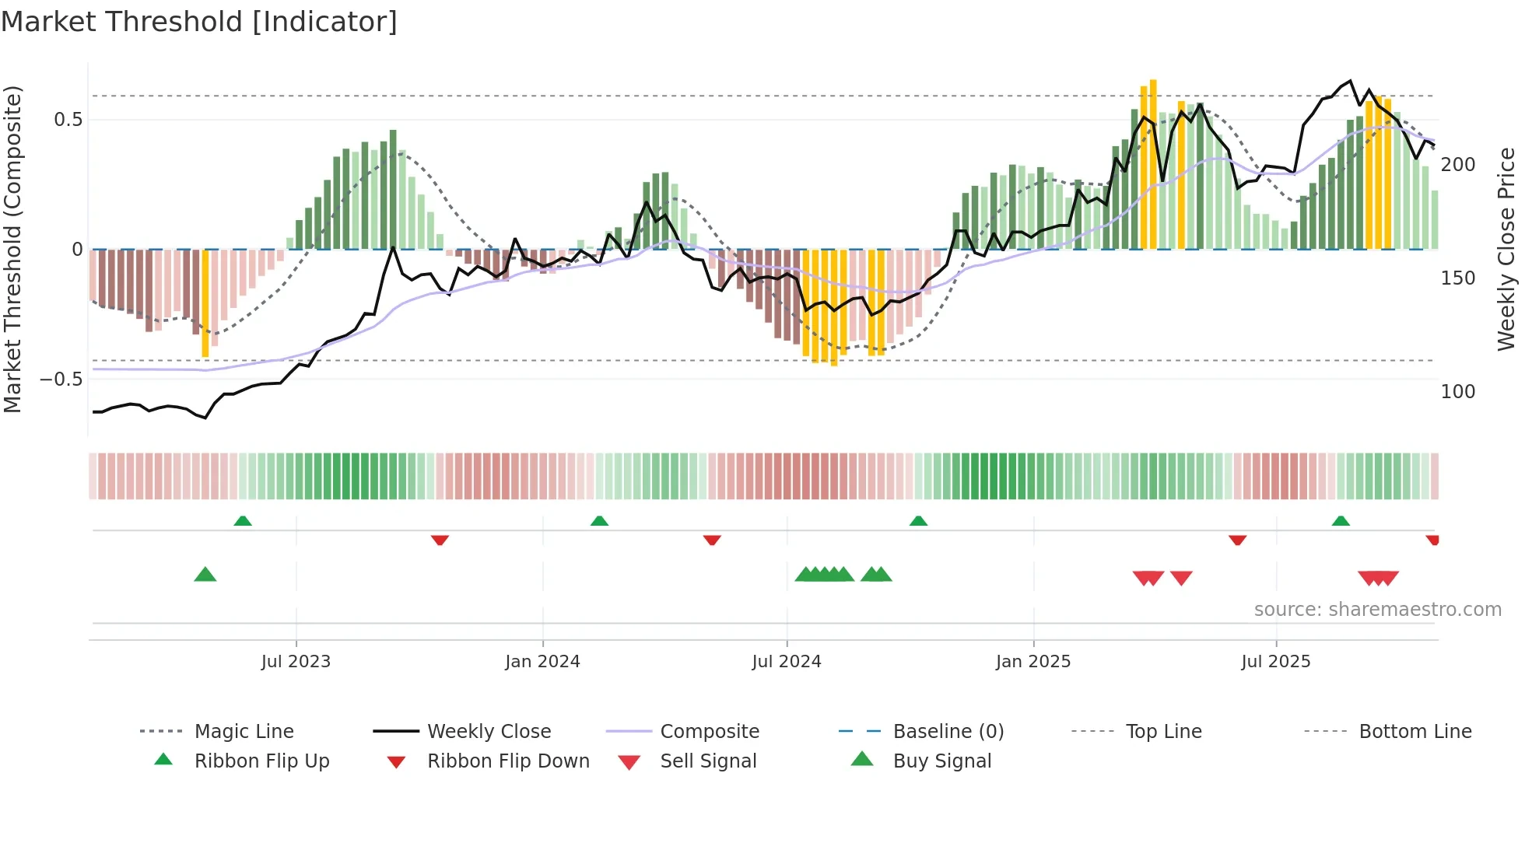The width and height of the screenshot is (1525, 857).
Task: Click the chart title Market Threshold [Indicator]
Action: point(199,22)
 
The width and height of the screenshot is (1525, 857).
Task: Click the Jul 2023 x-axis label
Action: point(296,662)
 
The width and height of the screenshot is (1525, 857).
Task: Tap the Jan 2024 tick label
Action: point(542,662)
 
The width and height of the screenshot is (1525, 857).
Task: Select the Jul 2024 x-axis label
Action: point(787,662)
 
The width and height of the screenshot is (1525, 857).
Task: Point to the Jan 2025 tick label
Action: point(1033,662)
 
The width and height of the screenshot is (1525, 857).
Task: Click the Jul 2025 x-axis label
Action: point(1276,662)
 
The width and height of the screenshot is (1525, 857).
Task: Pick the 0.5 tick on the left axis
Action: point(68,120)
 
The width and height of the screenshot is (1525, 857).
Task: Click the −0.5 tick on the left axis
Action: point(61,380)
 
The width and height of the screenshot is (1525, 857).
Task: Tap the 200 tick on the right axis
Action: point(1458,165)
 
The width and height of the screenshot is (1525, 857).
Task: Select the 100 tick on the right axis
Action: point(1458,392)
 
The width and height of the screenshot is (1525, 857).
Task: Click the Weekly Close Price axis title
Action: point(1507,249)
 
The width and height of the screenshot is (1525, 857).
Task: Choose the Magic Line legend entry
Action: point(244,732)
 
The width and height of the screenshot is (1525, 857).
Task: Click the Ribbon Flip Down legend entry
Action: point(508,761)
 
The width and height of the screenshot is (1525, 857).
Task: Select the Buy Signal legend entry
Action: point(941,761)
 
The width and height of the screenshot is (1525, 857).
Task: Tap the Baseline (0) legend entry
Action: point(948,732)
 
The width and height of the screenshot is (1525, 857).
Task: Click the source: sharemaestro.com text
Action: point(1377,610)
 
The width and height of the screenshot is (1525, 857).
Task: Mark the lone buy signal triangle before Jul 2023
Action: point(205,575)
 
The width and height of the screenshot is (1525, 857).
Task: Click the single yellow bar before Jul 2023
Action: point(205,303)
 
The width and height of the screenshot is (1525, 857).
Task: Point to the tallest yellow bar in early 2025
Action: point(1153,163)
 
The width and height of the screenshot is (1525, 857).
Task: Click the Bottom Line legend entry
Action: point(1415,732)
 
